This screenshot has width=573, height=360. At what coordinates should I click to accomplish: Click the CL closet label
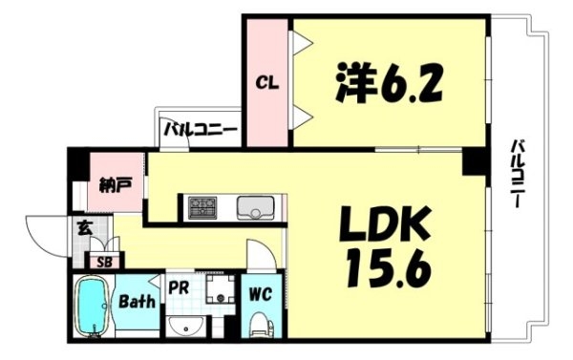pyautogui.click(x=266, y=83)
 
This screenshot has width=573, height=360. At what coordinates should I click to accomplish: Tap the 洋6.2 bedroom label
pyautogui.click(x=389, y=82)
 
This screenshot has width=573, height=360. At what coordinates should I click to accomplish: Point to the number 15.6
pyautogui.click(x=389, y=268)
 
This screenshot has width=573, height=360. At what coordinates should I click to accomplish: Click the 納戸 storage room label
pyautogui.click(x=115, y=185)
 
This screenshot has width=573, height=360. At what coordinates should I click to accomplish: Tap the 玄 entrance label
pyautogui.click(x=84, y=229)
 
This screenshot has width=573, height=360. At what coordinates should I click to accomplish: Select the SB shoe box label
pyautogui.click(x=104, y=262)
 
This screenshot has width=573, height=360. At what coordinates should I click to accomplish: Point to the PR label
pyautogui.click(x=179, y=287)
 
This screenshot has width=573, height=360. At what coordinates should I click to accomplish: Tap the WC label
pyautogui.click(x=260, y=293)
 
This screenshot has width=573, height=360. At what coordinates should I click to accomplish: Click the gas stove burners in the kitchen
pyautogui.click(x=202, y=208)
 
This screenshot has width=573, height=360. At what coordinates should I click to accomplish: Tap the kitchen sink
pyautogui.click(x=255, y=208)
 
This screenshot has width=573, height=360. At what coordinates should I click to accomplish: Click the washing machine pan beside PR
pyautogui.click(x=220, y=289)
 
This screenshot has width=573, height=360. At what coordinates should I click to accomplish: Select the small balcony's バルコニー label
pyautogui.click(x=201, y=130)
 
